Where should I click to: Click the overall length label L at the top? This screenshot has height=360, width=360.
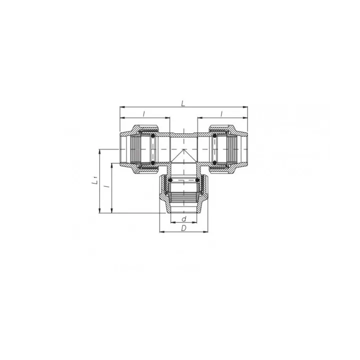pos(183,103)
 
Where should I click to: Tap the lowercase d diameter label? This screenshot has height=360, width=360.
pos(184,219)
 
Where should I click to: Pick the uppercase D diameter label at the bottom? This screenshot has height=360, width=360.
pos(183,228)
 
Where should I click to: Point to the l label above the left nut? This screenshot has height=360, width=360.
pos(144,114)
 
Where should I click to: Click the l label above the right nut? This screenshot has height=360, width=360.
pos(223,114)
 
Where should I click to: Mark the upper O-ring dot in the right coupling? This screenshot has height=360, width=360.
pos(215,135)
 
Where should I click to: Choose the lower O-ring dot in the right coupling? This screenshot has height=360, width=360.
pos(215,163)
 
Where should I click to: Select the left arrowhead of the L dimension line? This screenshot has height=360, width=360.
pos(121,106)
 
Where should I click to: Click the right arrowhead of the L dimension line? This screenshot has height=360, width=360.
pos(246,106)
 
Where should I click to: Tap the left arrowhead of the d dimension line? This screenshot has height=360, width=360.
pos(169,223)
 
